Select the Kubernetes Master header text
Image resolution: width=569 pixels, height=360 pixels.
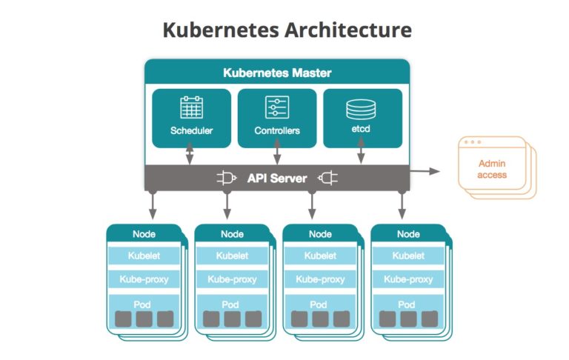pyautogui.click(x=277, y=73)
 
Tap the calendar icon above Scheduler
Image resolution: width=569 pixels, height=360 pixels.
pyautogui.click(x=192, y=108)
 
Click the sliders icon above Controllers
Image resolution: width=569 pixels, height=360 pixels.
pyautogui.click(x=276, y=108)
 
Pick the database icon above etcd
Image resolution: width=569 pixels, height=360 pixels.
pyautogui.click(x=362, y=109)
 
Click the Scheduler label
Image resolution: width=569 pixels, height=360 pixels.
pyautogui.click(x=192, y=131)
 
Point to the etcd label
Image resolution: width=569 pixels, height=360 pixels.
pyautogui.click(x=362, y=131)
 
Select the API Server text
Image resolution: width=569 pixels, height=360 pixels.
pyautogui.click(x=277, y=178)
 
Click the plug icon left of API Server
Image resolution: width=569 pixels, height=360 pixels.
pyautogui.click(x=226, y=178)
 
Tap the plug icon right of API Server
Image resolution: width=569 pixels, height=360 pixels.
pyautogui.click(x=327, y=178)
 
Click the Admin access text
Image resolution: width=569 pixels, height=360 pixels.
pyautogui.click(x=492, y=170)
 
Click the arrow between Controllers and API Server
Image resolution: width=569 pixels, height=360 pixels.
pyautogui.click(x=277, y=155)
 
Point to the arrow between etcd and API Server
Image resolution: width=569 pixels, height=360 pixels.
pyautogui.click(x=362, y=155)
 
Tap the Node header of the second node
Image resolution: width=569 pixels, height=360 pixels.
pyautogui.click(x=232, y=234)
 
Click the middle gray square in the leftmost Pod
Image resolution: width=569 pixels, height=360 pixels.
pyautogui.click(x=144, y=319)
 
